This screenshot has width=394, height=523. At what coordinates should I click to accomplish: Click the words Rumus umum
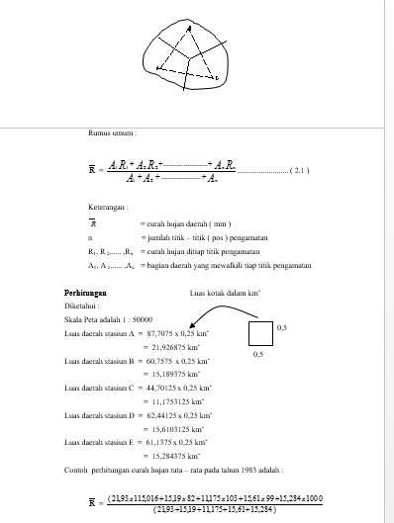point(111,131)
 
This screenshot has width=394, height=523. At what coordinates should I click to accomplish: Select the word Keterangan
point(107,209)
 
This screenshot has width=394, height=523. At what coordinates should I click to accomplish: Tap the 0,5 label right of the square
point(281,325)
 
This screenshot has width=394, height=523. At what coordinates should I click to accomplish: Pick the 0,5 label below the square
point(258,353)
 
